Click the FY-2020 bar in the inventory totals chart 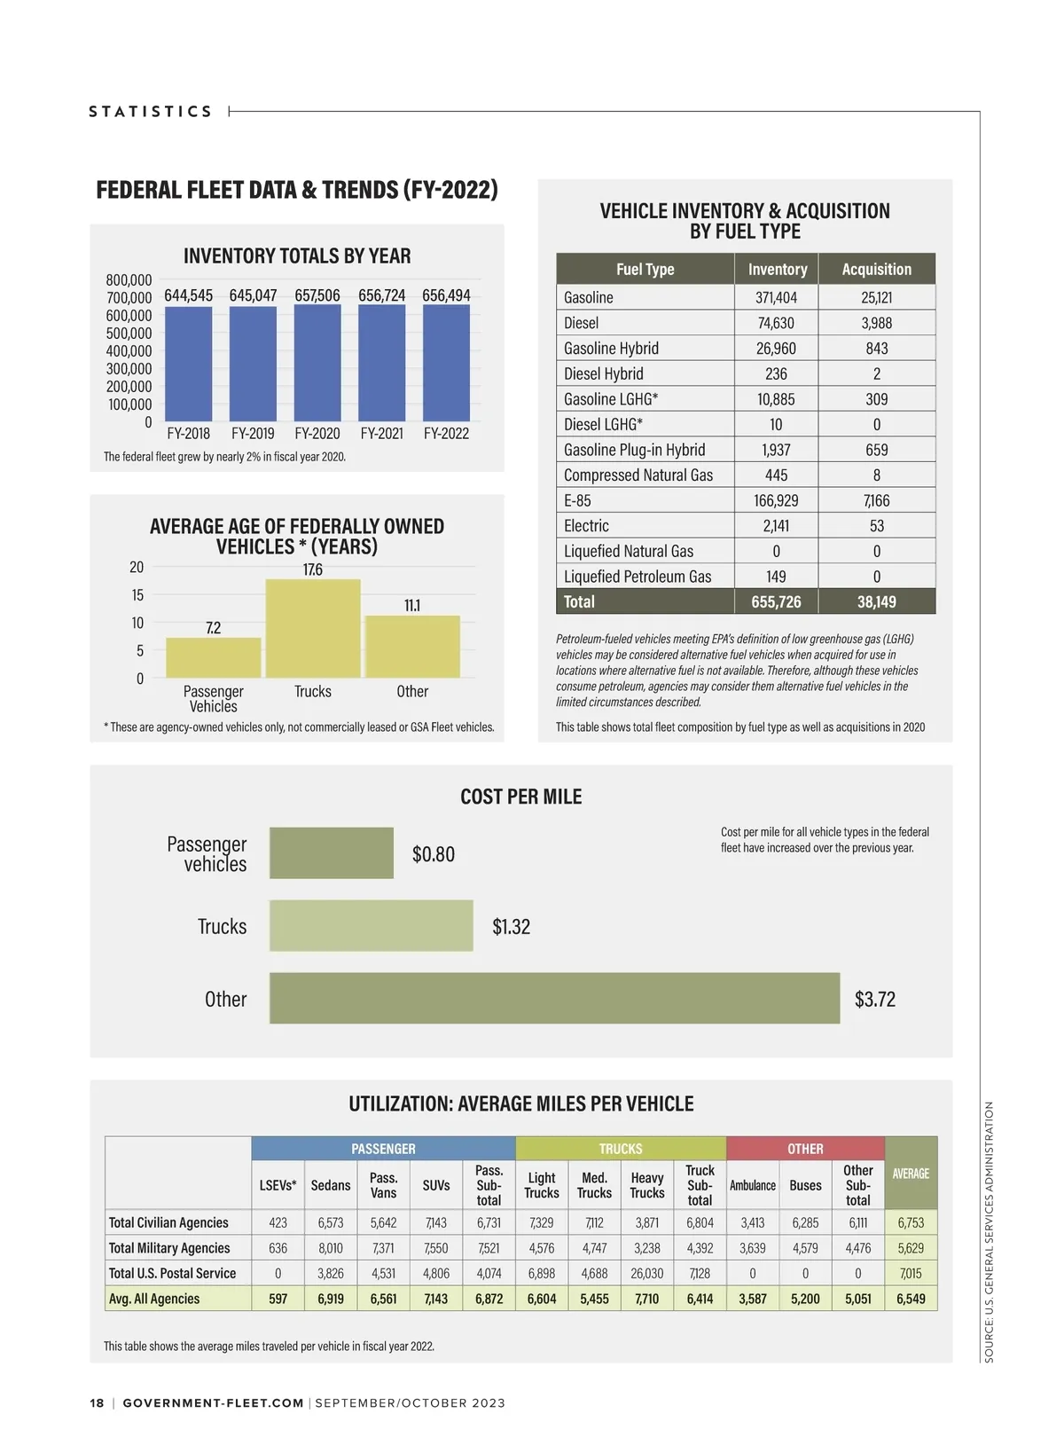point(317,364)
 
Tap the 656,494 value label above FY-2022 point(446,295)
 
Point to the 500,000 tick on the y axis point(129,334)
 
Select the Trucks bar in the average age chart point(313,629)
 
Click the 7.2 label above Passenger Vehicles point(214,628)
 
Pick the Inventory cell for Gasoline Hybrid point(776,349)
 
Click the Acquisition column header point(876,270)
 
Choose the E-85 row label point(577,500)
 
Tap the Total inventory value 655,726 point(776,602)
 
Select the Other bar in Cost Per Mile point(554,998)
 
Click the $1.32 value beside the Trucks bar point(511,927)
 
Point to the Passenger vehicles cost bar point(332,853)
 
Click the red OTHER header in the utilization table point(805,1149)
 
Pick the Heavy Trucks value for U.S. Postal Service point(647,1274)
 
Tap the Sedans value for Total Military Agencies point(330,1248)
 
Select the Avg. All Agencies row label point(154,1299)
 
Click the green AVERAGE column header point(911,1174)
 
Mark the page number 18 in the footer point(97,1403)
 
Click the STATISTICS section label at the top point(151,112)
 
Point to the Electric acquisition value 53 point(876,526)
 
